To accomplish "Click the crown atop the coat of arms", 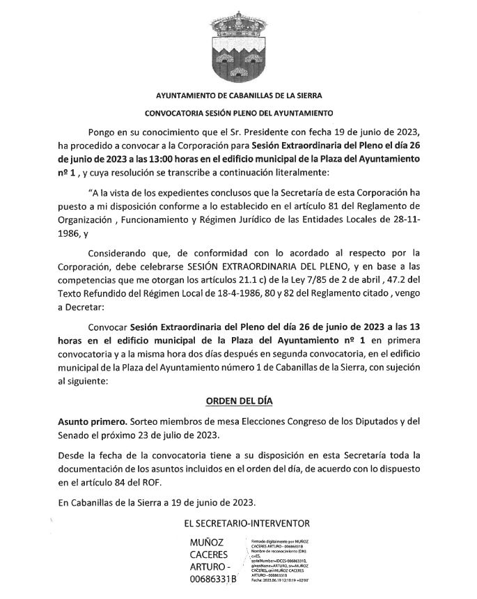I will click(239, 25).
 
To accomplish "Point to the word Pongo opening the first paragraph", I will click(103, 132).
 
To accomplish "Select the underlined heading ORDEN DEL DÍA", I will click(239, 402).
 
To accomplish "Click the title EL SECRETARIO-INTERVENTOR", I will click(239, 522).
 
